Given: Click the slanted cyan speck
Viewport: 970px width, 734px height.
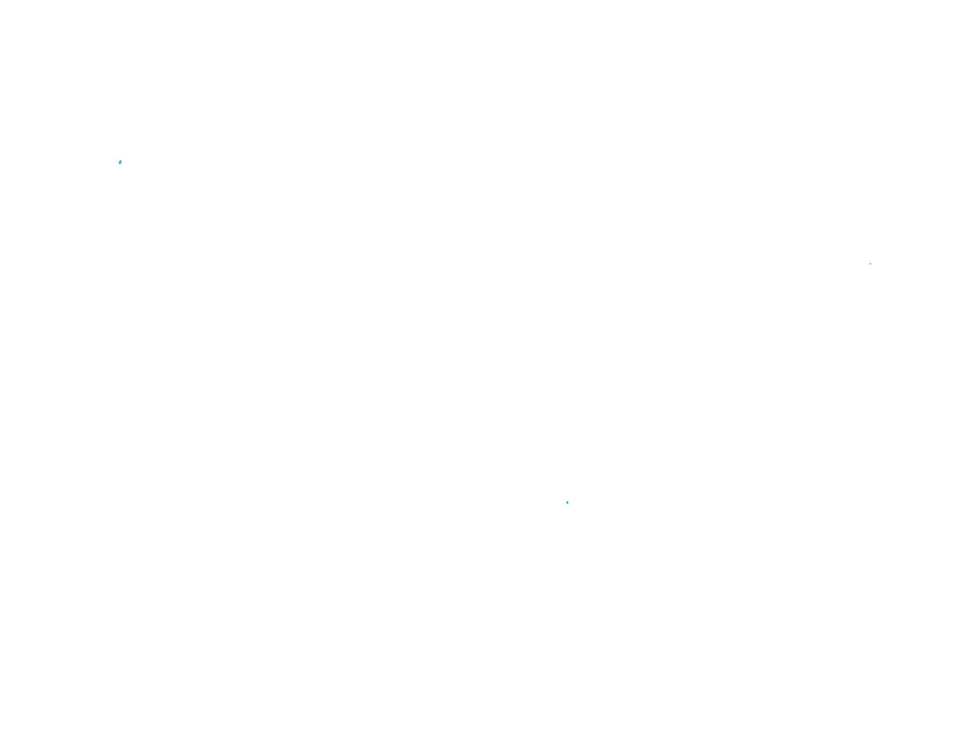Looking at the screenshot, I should [120, 162].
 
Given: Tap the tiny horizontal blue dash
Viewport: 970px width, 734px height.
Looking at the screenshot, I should [870, 264].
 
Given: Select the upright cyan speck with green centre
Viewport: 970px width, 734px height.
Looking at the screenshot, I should [567, 503].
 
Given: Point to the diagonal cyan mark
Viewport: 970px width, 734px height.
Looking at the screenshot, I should [120, 162].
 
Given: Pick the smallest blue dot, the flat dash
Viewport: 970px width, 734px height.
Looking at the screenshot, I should [870, 264].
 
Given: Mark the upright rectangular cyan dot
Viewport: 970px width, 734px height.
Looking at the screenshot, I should [567, 503].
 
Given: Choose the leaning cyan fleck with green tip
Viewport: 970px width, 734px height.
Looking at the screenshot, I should [120, 162].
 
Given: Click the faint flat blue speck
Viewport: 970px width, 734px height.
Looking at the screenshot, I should [870, 264].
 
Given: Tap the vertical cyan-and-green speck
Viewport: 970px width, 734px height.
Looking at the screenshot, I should [567, 503].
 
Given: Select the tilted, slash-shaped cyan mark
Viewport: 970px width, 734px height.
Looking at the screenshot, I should [120, 162].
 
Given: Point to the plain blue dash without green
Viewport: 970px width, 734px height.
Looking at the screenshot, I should [870, 264].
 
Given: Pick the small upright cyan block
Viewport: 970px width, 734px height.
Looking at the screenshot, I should [567, 503].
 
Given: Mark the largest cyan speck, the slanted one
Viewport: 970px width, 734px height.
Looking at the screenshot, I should [120, 162].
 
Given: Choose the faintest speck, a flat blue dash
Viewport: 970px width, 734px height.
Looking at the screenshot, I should [870, 264].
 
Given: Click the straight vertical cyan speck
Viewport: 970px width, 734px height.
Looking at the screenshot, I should [567, 503].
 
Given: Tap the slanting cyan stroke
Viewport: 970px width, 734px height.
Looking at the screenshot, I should [120, 162].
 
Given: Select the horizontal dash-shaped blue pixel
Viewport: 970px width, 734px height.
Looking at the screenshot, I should [870, 264].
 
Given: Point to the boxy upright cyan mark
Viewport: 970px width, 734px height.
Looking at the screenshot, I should [567, 503].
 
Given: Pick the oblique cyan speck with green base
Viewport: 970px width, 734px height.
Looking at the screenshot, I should [120, 162].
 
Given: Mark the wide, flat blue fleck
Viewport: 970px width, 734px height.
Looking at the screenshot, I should [870, 264].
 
